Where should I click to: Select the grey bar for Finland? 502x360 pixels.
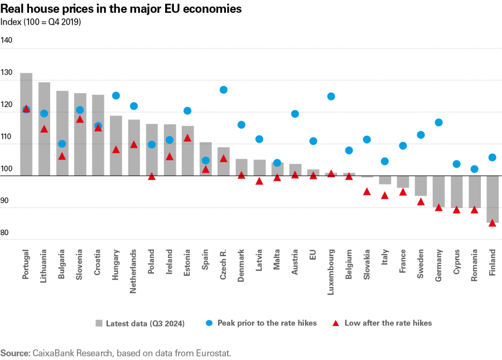pos(492,199)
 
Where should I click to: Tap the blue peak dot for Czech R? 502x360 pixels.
pos(224,90)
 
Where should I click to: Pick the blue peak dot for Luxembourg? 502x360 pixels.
pos(331,96)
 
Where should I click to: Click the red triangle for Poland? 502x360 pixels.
pos(152,176)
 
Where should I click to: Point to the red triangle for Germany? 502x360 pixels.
pos(438,208)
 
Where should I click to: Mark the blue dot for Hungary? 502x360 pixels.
pos(116,95)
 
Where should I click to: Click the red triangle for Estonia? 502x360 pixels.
pos(187,138)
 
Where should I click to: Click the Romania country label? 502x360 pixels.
pos(474,264)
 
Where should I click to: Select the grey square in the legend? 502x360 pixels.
pos(99,323)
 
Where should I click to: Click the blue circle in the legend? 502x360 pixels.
pos(209,323)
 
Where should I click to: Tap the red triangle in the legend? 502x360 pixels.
pos(336,323)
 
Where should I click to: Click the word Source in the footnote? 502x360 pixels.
pos(15,353)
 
